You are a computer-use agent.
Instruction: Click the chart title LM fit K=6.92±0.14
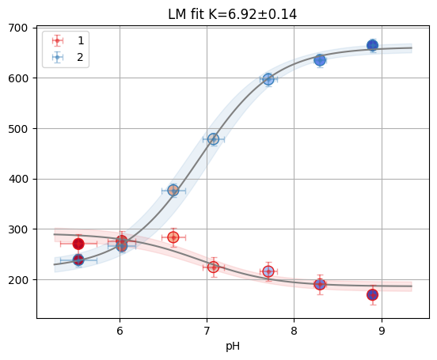(233, 14)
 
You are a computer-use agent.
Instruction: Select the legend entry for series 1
(68, 40)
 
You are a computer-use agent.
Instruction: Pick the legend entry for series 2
(68, 58)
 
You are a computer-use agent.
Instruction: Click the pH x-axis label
(233, 347)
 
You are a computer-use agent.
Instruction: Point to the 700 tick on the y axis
(18, 28)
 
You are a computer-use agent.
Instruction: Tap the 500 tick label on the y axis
(18, 129)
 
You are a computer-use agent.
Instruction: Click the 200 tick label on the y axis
(18, 280)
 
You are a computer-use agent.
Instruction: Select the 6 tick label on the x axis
(120, 331)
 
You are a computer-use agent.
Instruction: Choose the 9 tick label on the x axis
(382, 331)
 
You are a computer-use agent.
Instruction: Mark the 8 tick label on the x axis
(294, 331)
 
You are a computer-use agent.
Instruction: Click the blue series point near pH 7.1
(214, 139)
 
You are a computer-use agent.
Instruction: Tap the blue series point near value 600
(268, 79)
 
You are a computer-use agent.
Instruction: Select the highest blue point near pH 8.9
(373, 45)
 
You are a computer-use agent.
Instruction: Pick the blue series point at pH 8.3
(320, 60)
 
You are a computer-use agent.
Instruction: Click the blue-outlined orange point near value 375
(173, 191)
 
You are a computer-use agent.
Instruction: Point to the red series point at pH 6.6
(173, 237)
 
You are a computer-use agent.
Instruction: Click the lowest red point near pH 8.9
(373, 294)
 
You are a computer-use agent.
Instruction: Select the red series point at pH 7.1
(214, 267)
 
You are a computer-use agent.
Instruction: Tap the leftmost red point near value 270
(78, 244)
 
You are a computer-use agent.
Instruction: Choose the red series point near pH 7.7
(268, 271)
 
